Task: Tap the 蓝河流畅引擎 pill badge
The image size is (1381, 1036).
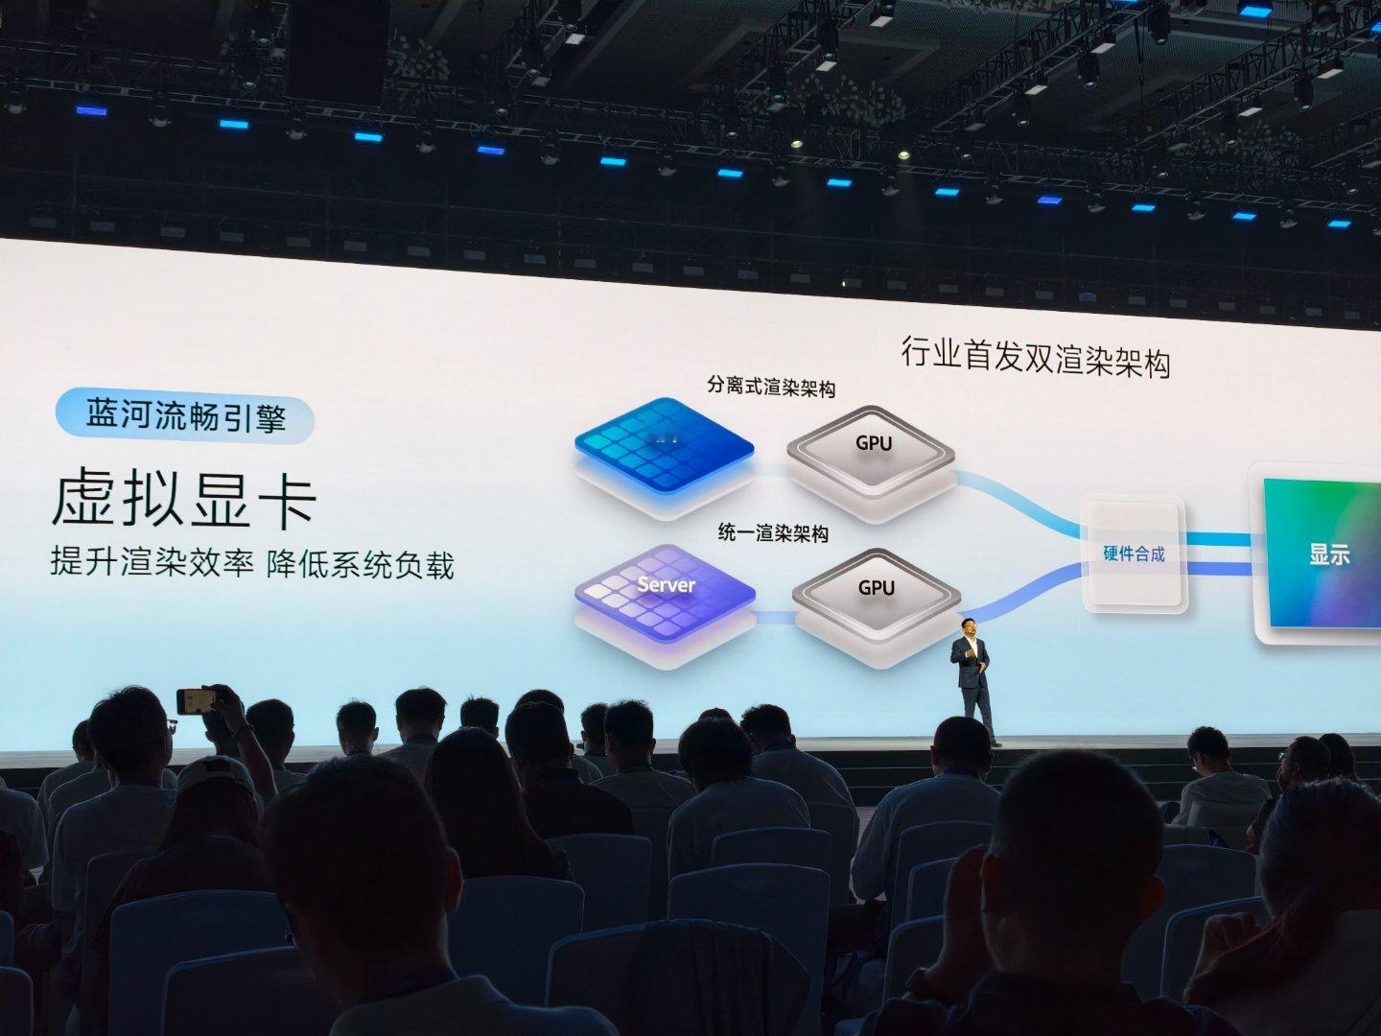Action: (185, 416)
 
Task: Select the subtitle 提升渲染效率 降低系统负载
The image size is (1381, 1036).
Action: (251, 564)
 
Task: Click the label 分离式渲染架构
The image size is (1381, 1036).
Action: (770, 388)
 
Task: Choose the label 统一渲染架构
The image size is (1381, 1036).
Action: (773, 533)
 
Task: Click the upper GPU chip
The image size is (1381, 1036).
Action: (872, 450)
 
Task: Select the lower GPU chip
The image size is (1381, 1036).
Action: (875, 595)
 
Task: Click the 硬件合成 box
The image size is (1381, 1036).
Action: (1134, 553)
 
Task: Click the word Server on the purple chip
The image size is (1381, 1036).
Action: (666, 584)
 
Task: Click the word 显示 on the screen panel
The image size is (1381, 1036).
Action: (1329, 553)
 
